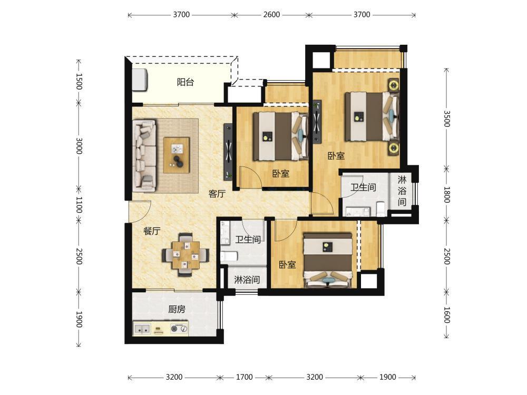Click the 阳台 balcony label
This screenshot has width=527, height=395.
185,82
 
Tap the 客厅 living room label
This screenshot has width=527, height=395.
217,194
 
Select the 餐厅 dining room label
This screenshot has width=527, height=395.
152,231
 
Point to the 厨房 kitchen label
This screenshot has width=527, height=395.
177,309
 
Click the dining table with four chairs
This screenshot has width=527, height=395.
186,254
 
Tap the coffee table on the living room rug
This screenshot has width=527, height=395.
177,155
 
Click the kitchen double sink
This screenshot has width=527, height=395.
142,329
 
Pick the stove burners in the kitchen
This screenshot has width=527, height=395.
179,329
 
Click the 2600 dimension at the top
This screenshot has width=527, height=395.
271,15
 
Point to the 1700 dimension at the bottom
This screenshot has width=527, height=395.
244,377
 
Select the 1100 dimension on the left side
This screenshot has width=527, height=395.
79,204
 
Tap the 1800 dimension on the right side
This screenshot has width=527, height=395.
447,195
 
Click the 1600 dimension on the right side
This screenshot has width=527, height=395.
447,315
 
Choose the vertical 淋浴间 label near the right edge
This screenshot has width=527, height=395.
402,191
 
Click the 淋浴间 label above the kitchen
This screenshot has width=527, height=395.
247,280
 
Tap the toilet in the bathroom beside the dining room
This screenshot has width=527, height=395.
229,256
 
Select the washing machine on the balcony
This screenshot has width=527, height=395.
140,80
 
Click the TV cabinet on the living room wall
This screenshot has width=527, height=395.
228,152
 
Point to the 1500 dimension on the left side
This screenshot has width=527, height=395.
79,81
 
